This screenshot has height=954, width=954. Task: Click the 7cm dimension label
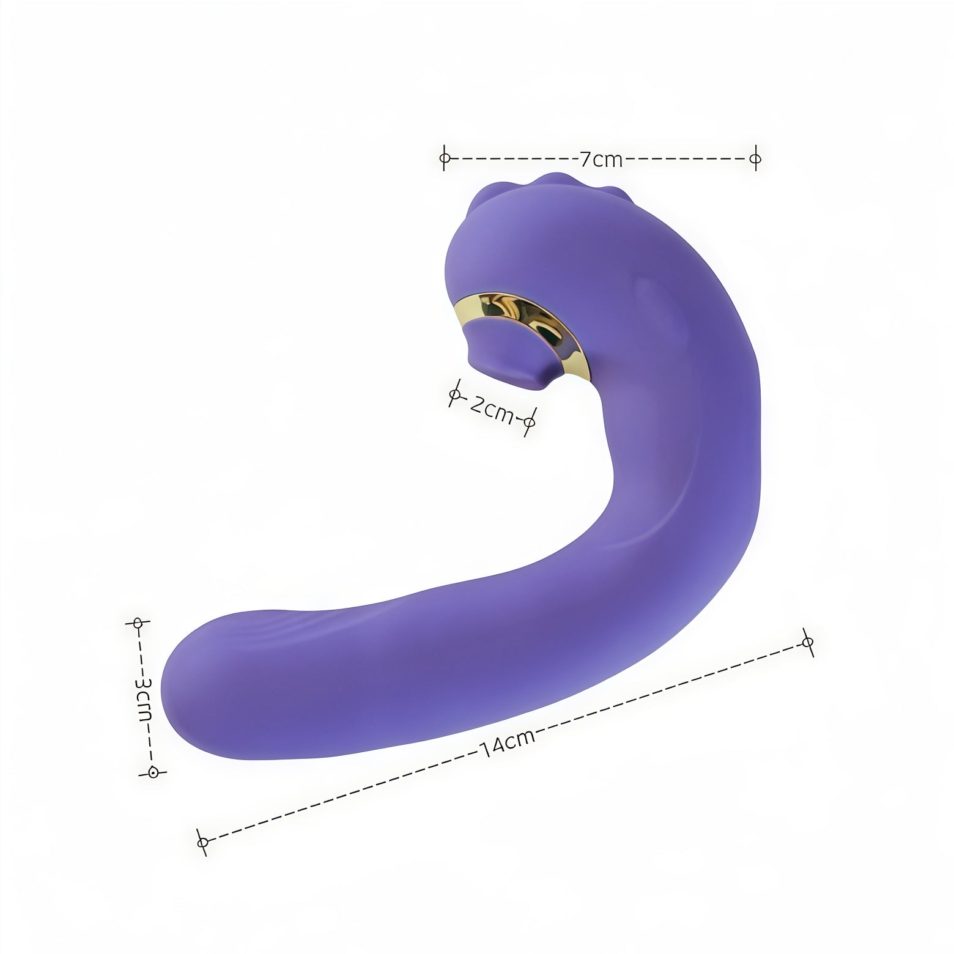click(x=601, y=159)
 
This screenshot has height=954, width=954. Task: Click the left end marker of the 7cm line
click(x=445, y=158)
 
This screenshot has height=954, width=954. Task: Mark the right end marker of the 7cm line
click(x=755, y=158)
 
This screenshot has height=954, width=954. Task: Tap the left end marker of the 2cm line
click(x=454, y=396)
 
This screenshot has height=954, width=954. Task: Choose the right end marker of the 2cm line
click(x=530, y=422)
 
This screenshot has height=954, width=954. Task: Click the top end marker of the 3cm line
click(x=138, y=623)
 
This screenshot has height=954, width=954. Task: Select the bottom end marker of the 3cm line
click(x=154, y=772)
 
